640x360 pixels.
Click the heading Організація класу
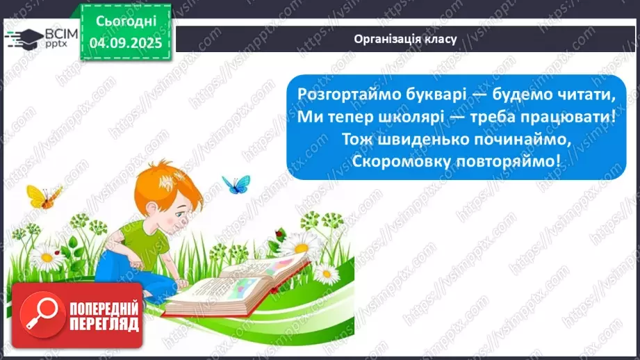tap(405, 39)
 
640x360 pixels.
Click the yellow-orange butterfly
tap(43, 196)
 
